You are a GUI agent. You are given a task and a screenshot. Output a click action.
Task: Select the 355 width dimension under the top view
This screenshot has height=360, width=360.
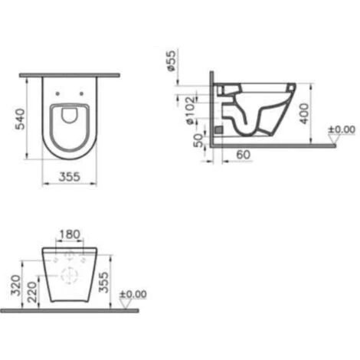click(70, 175)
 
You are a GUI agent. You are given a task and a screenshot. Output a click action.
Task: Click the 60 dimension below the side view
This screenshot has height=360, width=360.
click(242, 155)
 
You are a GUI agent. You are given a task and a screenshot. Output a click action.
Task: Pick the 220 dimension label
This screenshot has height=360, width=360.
click(30, 292)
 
